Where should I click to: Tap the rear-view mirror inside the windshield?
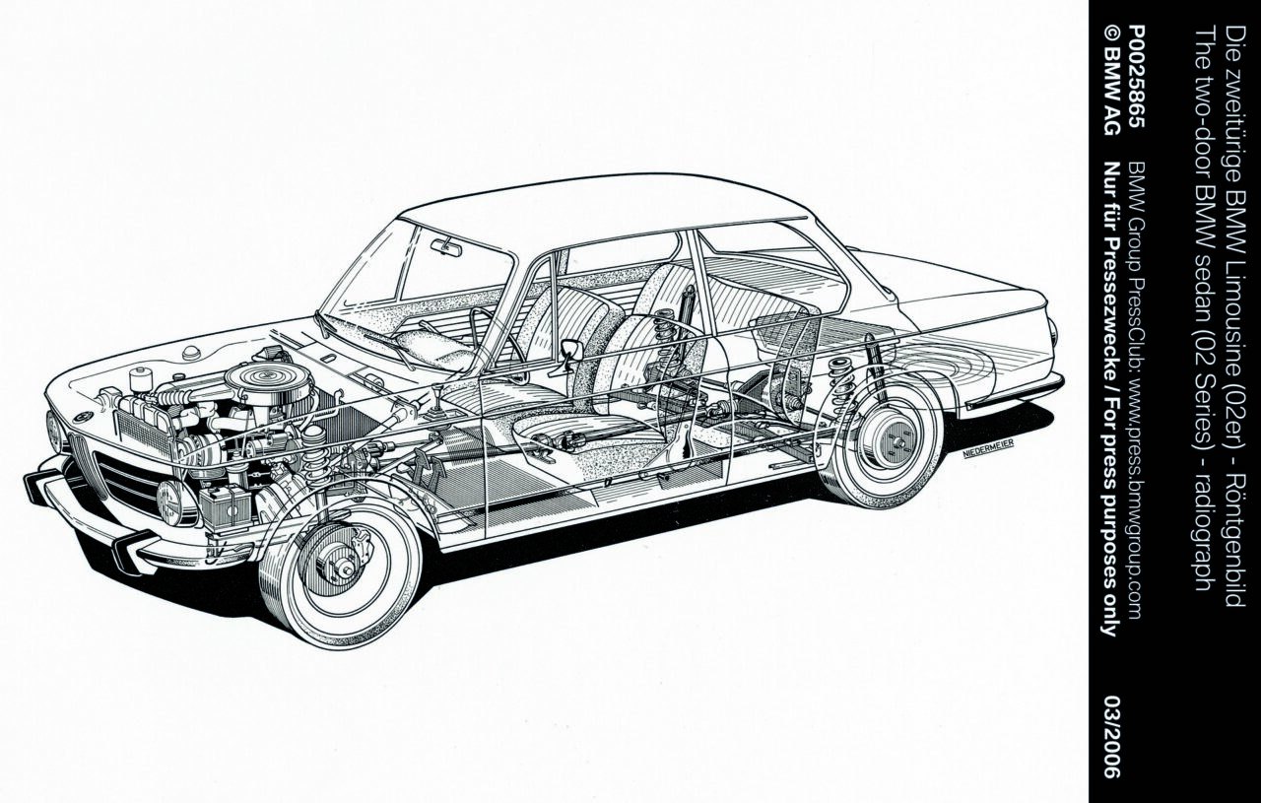(446, 247)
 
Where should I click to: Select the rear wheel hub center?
(896, 442)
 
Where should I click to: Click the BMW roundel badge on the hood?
(84, 418)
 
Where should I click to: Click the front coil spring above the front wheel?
(315, 455)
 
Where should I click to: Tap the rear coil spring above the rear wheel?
(841, 383)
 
